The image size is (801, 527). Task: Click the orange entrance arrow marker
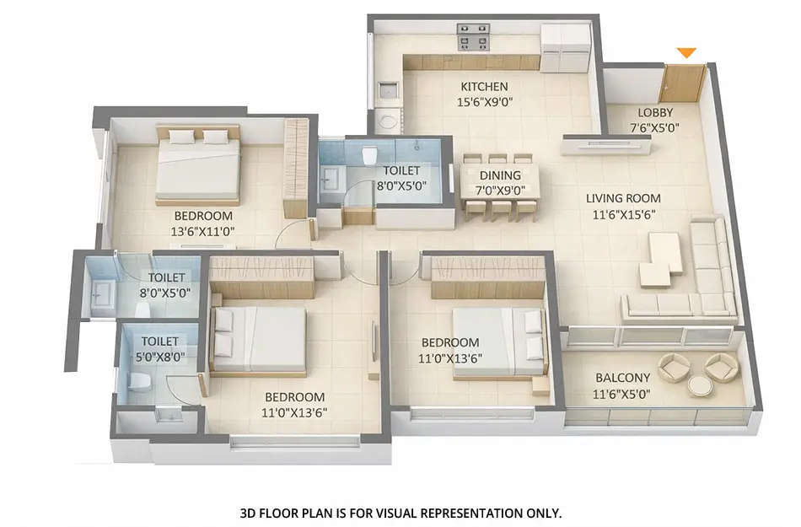pos(687,53)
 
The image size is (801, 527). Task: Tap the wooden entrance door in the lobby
pos(682,83)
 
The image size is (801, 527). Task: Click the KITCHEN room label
pos(484,86)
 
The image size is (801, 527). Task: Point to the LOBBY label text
pos(655,113)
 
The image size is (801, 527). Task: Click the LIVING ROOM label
pos(624,199)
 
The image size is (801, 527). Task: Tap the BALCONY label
pos(622,378)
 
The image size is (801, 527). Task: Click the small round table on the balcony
pos(699,385)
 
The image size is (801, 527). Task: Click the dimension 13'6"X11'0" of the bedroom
pos(202,231)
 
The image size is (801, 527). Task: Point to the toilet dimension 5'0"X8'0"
pos(160,357)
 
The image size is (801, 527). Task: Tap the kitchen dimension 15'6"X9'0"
pos(484,101)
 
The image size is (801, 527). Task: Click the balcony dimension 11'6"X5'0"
pos(623,393)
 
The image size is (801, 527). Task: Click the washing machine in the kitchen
pos(388,120)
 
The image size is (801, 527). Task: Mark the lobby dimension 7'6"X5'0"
pos(655,128)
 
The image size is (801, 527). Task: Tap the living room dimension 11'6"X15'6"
pos(624,214)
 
